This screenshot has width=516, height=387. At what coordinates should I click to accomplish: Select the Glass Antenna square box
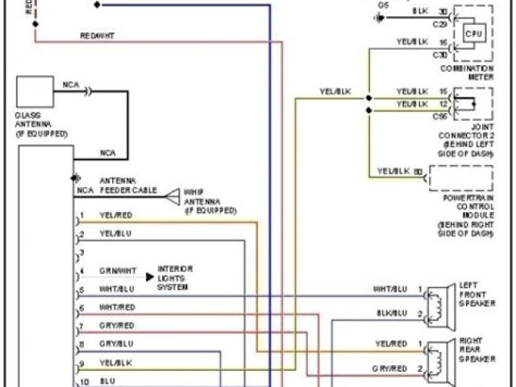pyautogui.click(x=35, y=94)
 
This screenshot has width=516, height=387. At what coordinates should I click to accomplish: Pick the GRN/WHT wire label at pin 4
pyautogui.click(x=118, y=272)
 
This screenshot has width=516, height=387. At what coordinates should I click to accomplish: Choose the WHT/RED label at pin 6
pyautogui.click(x=117, y=307)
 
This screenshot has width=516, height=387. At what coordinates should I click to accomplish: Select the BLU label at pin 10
pyautogui.click(x=107, y=378)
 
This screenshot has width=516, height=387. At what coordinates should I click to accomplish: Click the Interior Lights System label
pyautogui.click(x=174, y=277)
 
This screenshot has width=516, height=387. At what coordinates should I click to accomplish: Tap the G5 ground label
pyautogui.click(x=383, y=4)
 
